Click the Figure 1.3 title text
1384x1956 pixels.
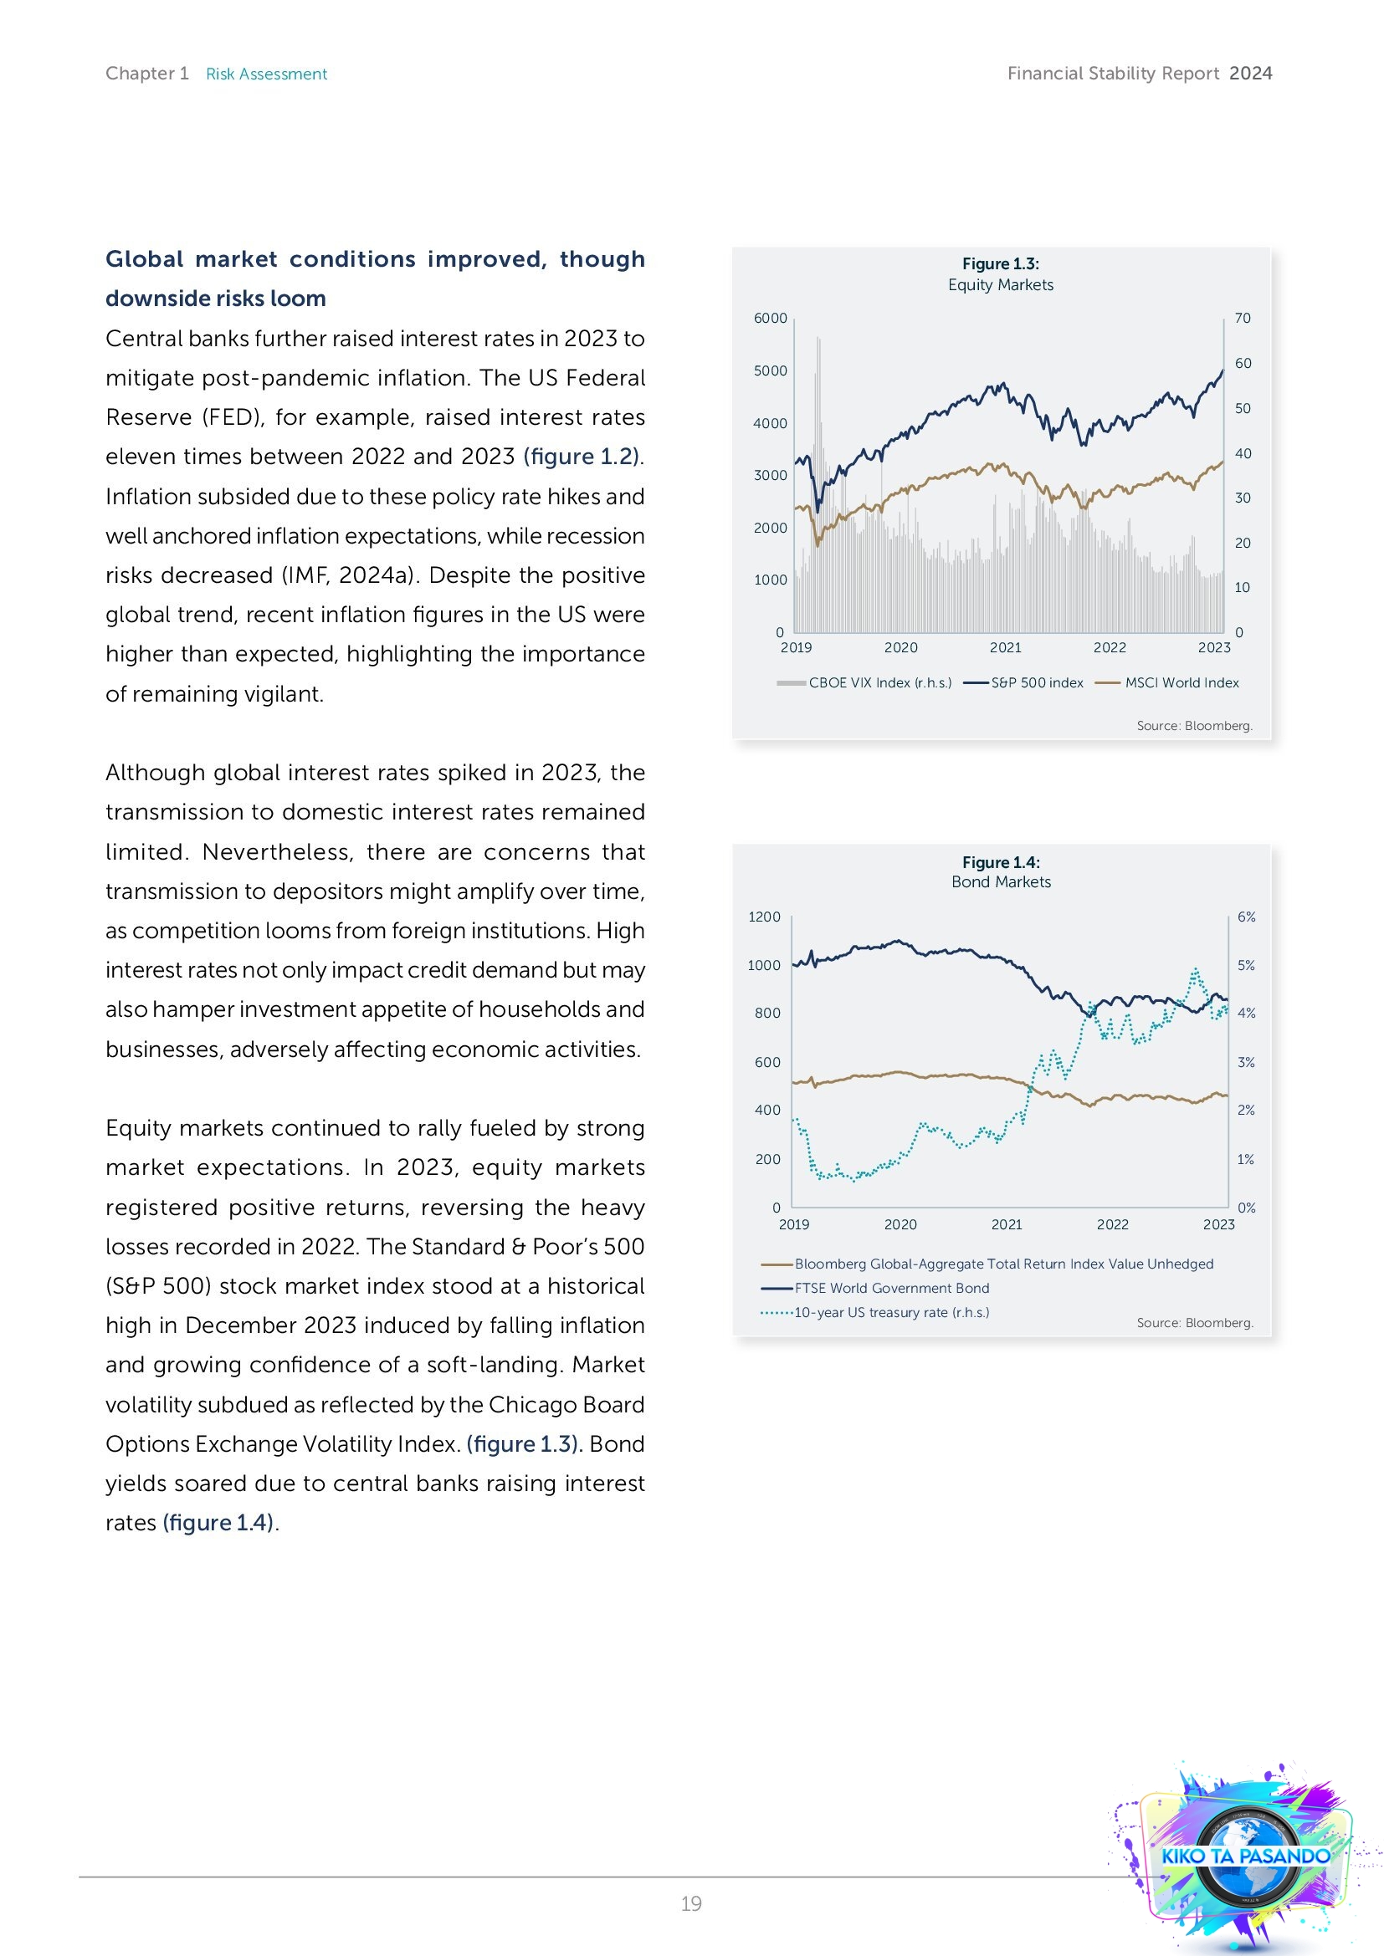(x=1001, y=264)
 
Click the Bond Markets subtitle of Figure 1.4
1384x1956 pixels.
(x=1001, y=881)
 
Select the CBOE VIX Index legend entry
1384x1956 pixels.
(x=878, y=682)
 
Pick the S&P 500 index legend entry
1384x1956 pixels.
(x=1036, y=682)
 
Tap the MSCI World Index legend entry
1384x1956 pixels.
(x=1182, y=682)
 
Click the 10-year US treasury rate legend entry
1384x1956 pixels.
(x=890, y=1312)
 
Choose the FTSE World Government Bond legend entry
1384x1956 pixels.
(x=891, y=1288)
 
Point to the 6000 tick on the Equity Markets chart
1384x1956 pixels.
(x=771, y=318)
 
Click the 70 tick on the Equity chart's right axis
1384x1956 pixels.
(x=1243, y=318)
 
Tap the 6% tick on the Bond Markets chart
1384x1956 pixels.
(x=1246, y=917)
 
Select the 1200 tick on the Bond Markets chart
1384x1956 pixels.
(x=764, y=917)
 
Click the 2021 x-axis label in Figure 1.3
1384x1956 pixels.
(x=1006, y=647)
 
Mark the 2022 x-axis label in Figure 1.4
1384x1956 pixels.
(x=1112, y=1224)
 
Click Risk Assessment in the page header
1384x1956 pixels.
(x=266, y=74)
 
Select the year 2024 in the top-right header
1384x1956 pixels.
(x=1250, y=74)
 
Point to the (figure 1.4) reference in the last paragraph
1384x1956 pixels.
(x=218, y=1522)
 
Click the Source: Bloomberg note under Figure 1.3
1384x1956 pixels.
(x=1194, y=726)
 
